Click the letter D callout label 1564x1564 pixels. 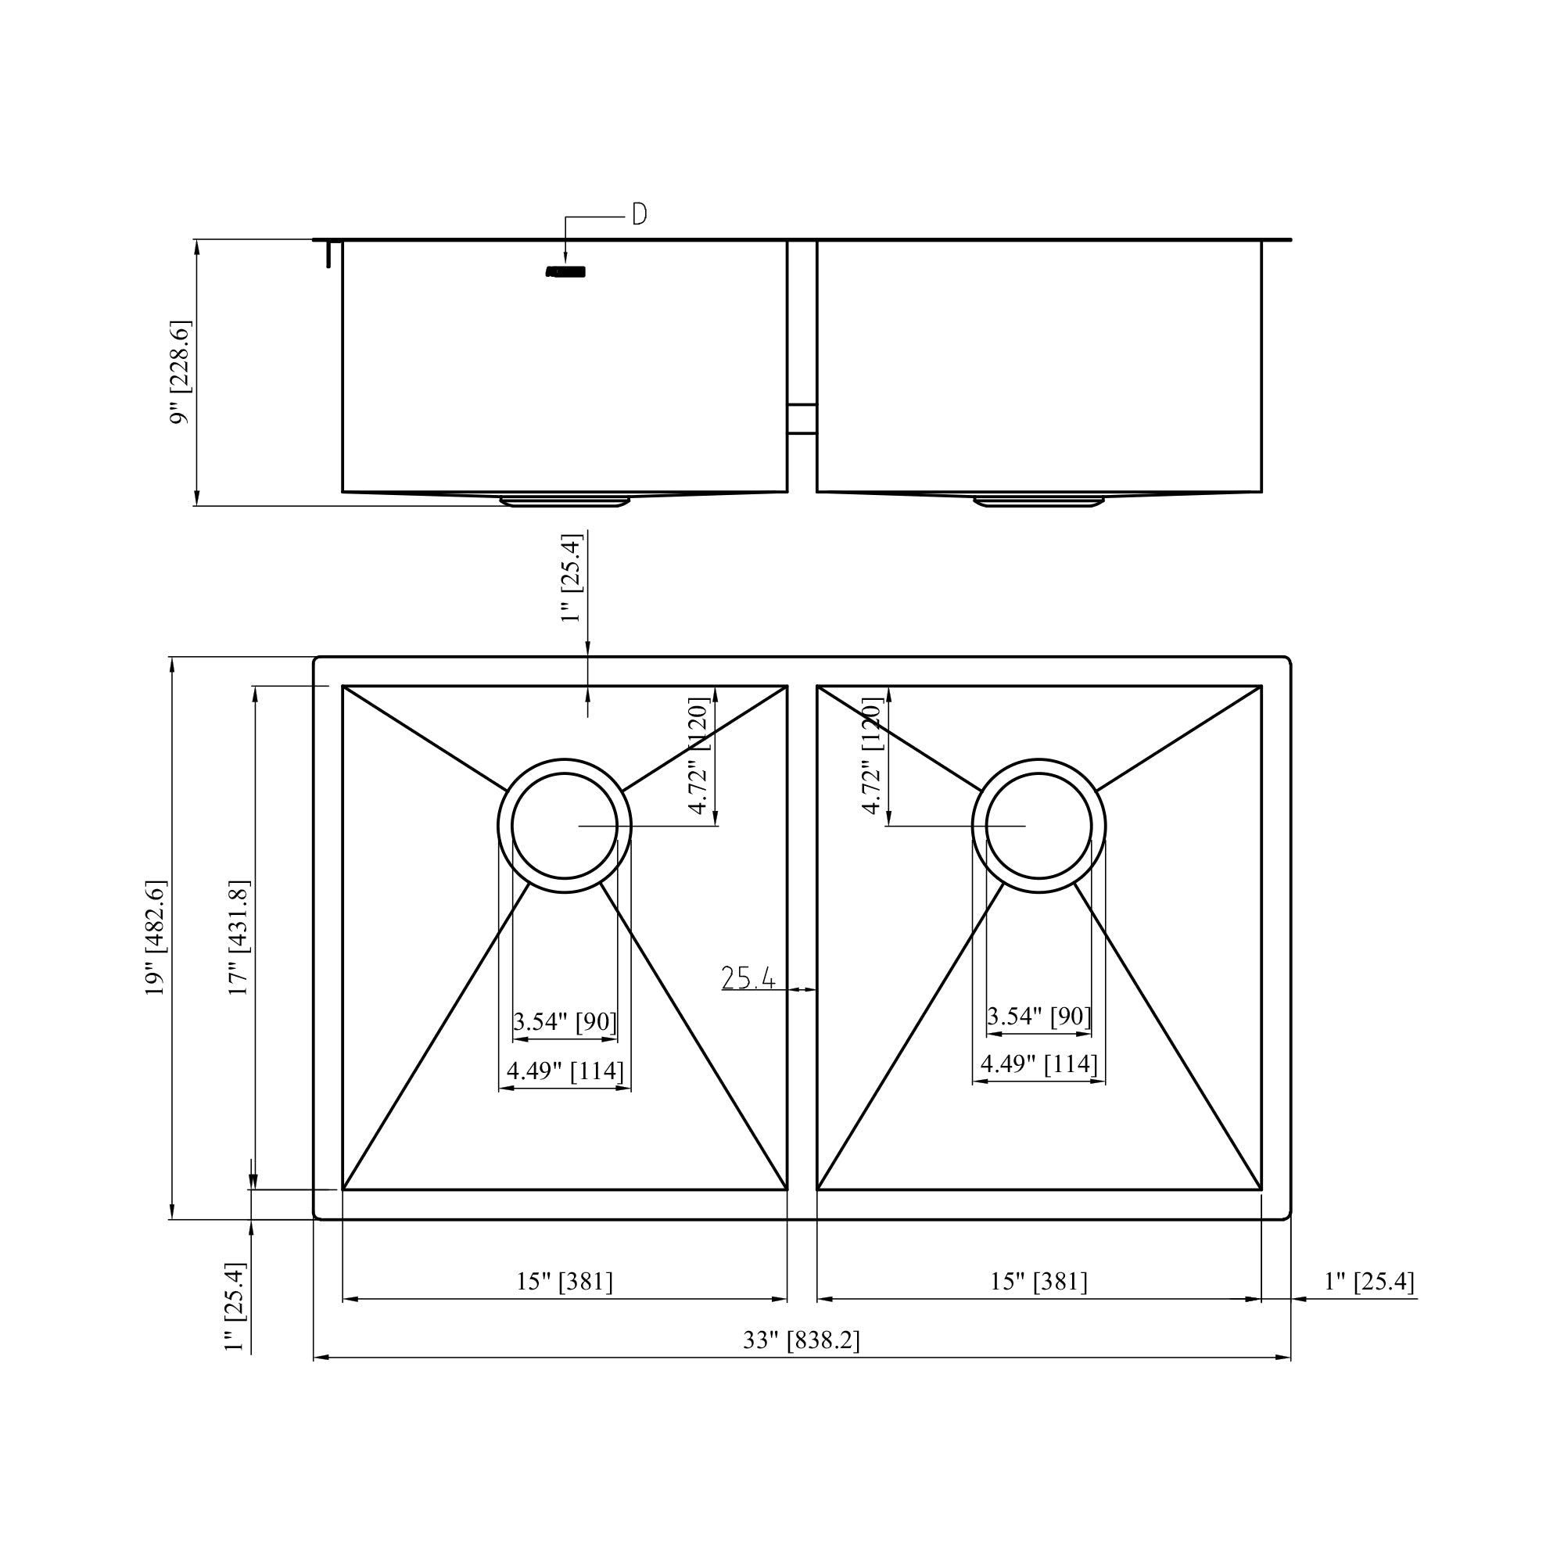(640, 214)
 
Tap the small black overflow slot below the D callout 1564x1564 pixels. (566, 272)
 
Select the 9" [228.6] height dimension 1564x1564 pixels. (180, 372)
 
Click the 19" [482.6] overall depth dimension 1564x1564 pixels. (156, 938)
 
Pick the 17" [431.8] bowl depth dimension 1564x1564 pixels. (239, 938)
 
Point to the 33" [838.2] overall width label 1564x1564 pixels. (802, 1340)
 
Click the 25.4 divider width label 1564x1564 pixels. (748, 979)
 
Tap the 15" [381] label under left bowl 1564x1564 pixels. (565, 1282)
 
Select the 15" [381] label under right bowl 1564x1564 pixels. (1038, 1282)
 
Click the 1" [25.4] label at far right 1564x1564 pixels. (1369, 1282)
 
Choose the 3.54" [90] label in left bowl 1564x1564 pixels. (565, 1021)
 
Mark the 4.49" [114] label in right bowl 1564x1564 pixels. (1038, 1064)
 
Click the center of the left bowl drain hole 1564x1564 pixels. (565, 826)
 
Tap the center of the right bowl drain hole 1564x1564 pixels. (1038, 826)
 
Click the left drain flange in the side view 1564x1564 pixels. (565, 502)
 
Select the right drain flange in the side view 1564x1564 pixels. (1038, 502)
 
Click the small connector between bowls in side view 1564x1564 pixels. (802, 419)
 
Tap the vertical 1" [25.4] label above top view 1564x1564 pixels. (572, 577)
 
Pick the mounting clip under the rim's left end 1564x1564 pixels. (328, 254)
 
